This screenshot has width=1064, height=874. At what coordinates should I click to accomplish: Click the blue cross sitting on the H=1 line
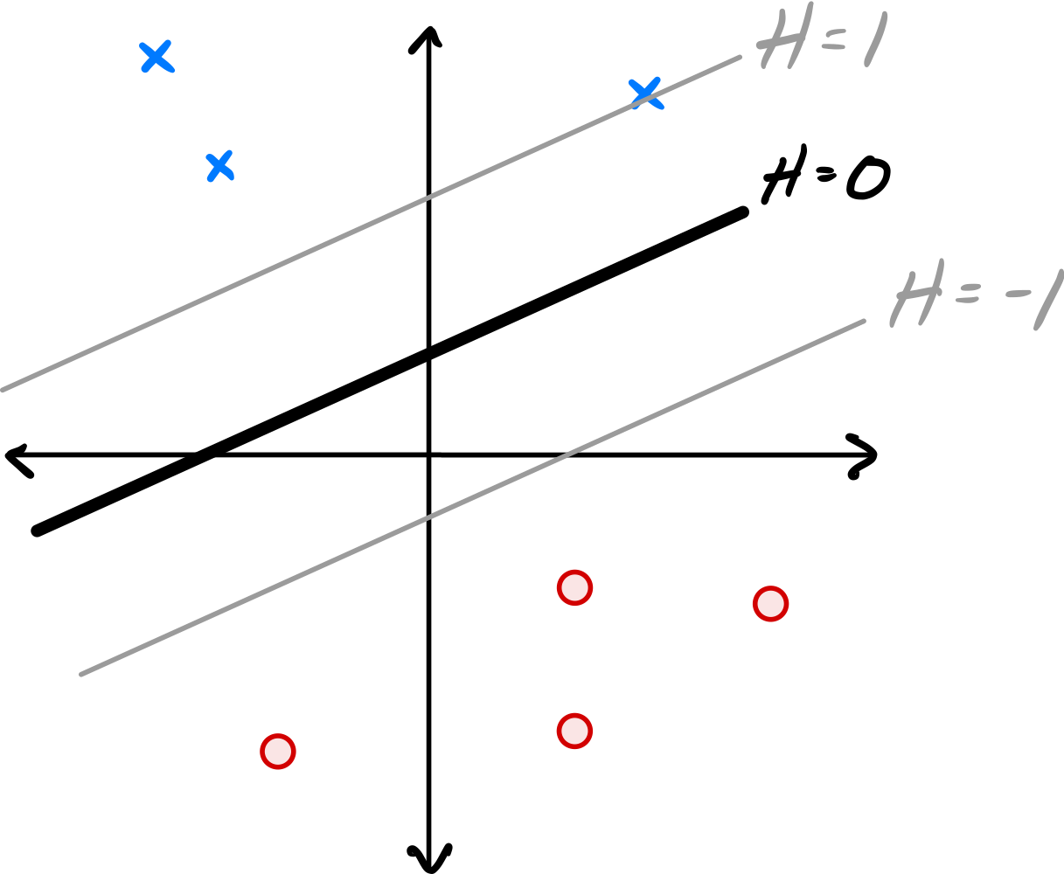click(645, 93)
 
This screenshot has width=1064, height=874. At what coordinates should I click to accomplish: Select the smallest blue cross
click(219, 165)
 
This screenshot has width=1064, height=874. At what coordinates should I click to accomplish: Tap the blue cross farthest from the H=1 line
click(156, 57)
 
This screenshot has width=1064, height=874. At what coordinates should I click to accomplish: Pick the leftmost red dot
click(278, 752)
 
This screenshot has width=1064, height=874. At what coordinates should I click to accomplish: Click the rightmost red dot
click(770, 604)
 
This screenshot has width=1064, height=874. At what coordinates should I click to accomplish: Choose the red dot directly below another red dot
click(574, 731)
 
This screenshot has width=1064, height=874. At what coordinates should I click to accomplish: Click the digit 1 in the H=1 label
click(875, 39)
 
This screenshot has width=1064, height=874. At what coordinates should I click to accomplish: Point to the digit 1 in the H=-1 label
click(1048, 300)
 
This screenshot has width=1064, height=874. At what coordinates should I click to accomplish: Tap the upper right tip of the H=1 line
click(740, 58)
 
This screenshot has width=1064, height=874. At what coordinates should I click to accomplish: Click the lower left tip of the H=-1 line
click(81, 674)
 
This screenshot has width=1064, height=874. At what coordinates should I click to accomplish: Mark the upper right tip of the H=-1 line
click(864, 321)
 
